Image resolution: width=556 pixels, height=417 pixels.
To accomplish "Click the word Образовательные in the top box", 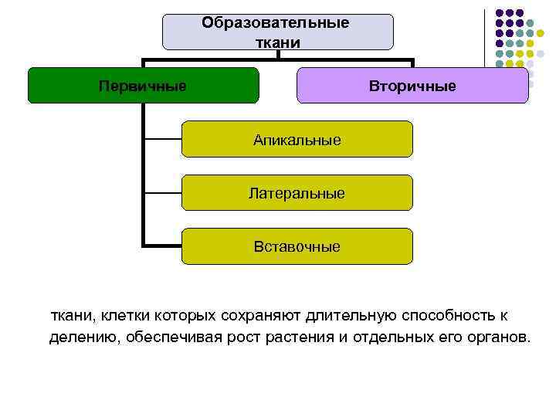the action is pyautogui.click(x=276, y=22).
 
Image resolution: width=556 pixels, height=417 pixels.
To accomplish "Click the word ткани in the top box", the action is pyautogui.click(x=276, y=40).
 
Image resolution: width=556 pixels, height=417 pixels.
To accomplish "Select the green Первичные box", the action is pyautogui.click(x=143, y=85).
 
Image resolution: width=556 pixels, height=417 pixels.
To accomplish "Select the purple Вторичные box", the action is pyautogui.click(x=412, y=85).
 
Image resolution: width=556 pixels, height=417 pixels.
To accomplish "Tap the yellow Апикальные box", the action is pyautogui.click(x=297, y=139).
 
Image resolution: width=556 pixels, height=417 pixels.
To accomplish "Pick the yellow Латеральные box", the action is pyautogui.click(x=297, y=193).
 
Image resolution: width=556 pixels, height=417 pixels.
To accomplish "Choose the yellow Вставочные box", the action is pyautogui.click(x=297, y=246).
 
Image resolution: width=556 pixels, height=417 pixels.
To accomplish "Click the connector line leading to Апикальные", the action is pyautogui.click(x=162, y=139).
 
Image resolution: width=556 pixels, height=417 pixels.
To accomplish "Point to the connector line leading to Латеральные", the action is pyautogui.click(x=162, y=193).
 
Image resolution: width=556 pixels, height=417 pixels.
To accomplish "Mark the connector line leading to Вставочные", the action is pyautogui.click(x=162, y=246).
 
